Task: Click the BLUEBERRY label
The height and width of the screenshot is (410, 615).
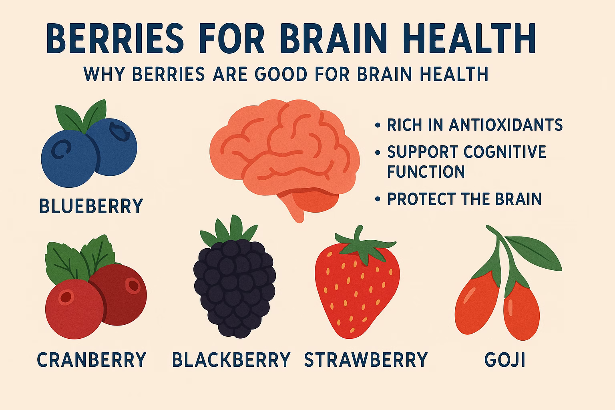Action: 91,205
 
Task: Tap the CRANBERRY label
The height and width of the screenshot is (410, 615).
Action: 91,360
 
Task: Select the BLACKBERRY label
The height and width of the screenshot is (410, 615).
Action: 231,360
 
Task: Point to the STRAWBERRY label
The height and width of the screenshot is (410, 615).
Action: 366,360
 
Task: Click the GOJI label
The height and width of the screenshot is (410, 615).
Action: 504,360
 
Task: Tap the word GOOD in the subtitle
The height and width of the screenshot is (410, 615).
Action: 281,74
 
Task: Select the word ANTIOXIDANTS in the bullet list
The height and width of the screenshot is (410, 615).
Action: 506,125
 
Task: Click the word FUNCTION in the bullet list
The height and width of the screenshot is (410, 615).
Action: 426,171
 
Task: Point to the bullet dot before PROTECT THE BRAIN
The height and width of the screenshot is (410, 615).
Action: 378,199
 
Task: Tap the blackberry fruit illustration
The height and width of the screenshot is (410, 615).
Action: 234,285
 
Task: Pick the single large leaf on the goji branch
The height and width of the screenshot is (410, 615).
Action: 533,253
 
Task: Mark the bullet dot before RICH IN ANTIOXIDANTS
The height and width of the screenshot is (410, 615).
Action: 378,125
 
